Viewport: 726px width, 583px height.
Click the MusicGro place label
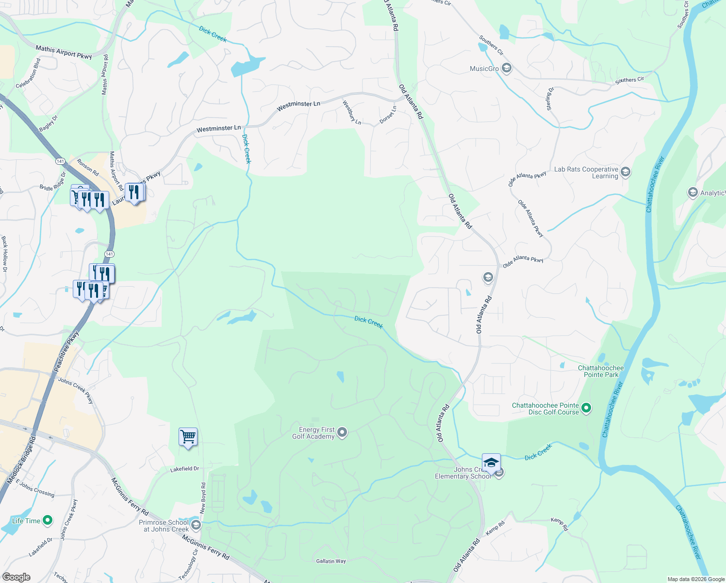[484, 69]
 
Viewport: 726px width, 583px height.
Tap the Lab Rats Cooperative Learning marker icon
[626, 172]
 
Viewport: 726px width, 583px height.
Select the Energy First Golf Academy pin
[342, 432]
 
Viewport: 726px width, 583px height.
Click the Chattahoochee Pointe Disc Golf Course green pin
[586, 408]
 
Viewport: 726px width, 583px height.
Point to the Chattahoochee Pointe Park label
[601, 371]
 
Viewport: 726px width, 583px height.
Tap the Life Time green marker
[48, 521]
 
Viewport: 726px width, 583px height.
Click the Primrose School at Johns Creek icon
[196, 525]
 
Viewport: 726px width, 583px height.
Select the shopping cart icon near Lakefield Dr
[188, 437]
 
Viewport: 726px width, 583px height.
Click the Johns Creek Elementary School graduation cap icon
[491, 462]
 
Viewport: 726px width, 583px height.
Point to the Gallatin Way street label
[331, 561]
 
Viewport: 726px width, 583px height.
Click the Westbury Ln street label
[352, 112]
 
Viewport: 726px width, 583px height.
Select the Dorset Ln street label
[388, 115]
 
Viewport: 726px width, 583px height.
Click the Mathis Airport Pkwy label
[64, 52]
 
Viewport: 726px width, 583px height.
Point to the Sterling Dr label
[549, 99]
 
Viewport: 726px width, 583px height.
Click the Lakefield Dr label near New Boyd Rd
[184, 469]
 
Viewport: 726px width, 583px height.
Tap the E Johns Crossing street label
[35, 488]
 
